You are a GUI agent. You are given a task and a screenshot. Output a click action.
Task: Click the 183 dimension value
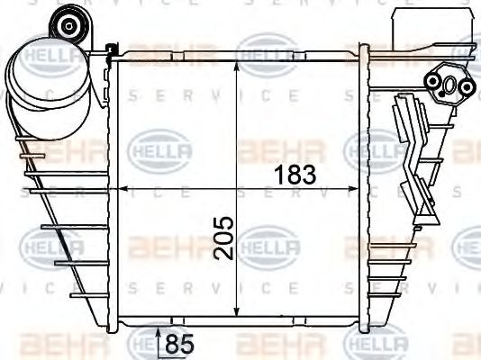pos(292,174)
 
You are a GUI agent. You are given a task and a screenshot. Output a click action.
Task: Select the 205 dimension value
pos(225,237)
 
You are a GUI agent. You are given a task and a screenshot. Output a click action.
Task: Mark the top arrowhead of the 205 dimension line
pos(236,69)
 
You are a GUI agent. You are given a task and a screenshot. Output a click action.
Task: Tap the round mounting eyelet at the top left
pos(68,25)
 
